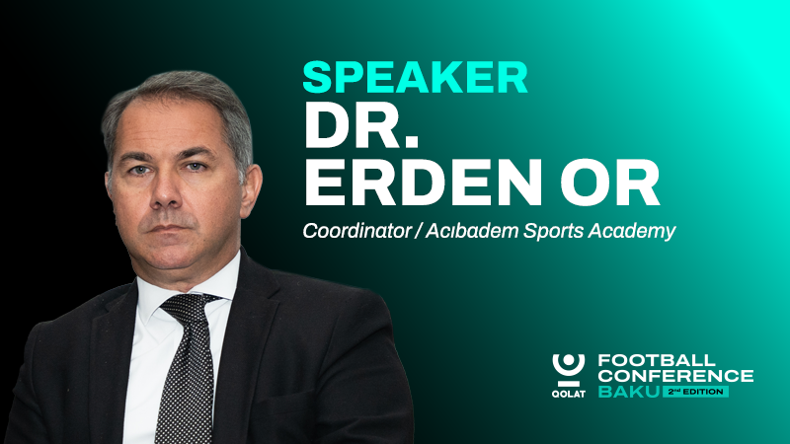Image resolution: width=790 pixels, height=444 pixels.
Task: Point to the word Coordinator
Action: [352, 232]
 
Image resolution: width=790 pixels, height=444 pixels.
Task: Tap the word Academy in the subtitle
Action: [630, 232]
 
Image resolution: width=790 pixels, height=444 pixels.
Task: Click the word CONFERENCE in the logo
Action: [675, 376]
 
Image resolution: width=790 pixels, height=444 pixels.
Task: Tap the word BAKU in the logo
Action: [628, 392]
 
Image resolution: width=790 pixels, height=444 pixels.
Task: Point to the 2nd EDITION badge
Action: [696, 392]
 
